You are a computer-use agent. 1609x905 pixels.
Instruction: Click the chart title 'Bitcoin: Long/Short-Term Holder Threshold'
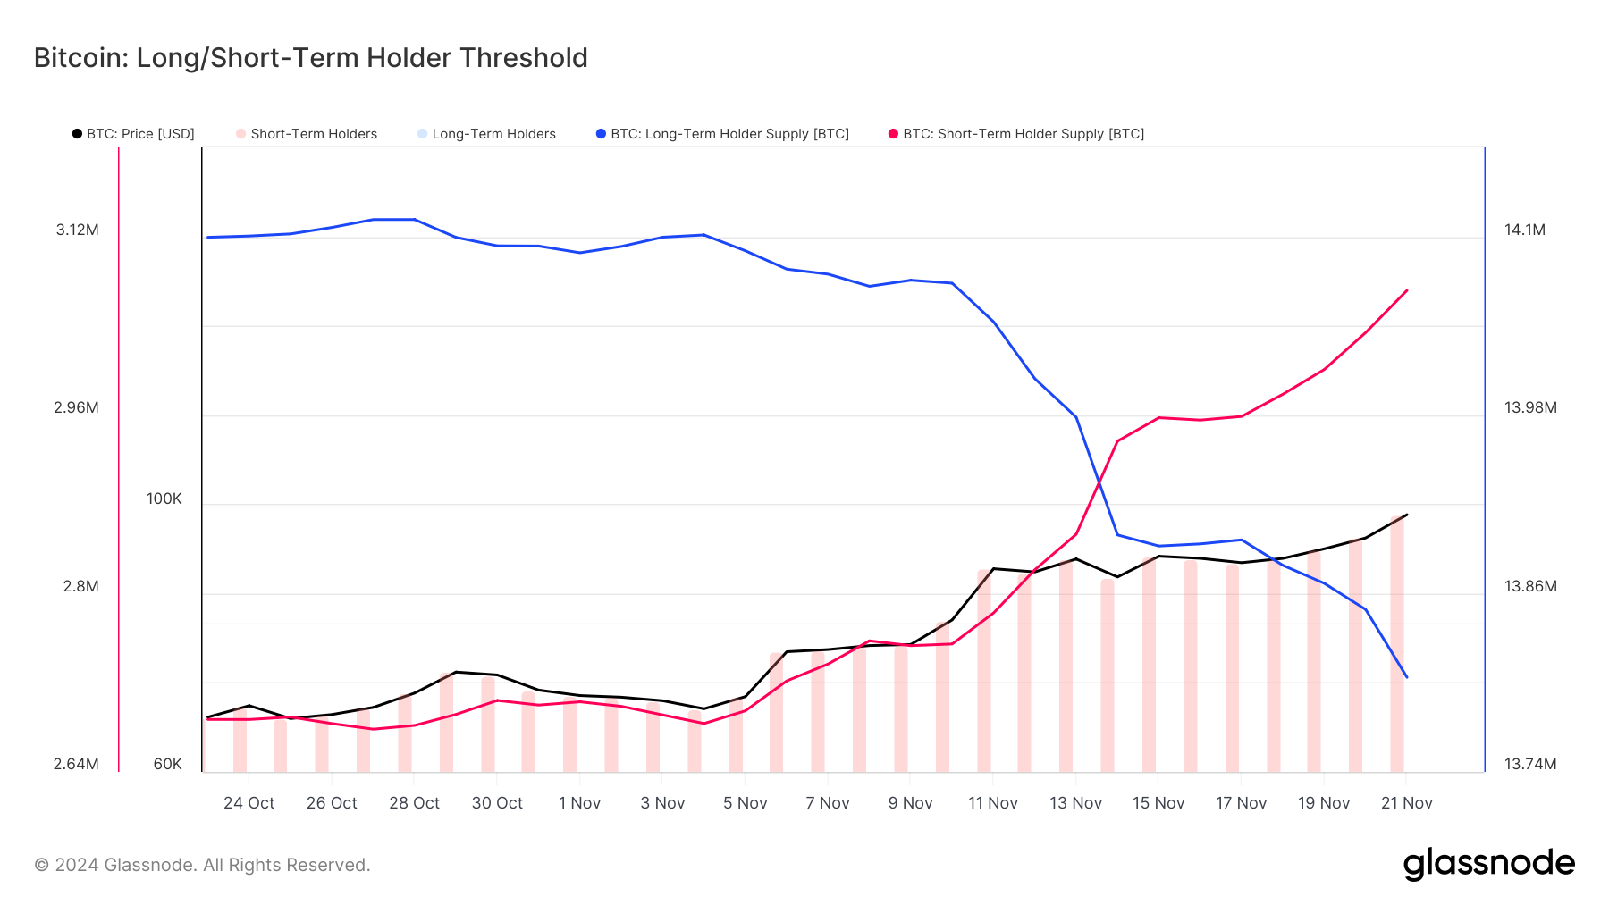pyautogui.click(x=310, y=58)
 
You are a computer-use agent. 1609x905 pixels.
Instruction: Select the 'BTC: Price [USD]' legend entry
pyautogui.click(x=133, y=134)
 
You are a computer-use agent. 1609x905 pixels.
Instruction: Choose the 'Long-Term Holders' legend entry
pyautogui.click(x=486, y=134)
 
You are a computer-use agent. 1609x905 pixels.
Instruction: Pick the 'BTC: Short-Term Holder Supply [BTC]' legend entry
pyautogui.click(x=1016, y=134)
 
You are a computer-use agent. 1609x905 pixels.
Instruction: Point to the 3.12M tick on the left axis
pyautogui.click(x=77, y=230)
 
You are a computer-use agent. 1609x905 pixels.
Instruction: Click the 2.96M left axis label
pyautogui.click(x=76, y=407)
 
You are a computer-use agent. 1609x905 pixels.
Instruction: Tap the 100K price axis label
pyautogui.click(x=164, y=499)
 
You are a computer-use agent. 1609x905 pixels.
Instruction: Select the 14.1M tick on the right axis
pyautogui.click(x=1524, y=230)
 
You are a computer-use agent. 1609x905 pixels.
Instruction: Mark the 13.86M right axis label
pyautogui.click(x=1529, y=586)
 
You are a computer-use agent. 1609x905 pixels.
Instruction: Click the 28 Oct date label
pyautogui.click(x=414, y=803)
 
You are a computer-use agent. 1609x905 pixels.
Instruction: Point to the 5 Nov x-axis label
pyautogui.click(x=745, y=803)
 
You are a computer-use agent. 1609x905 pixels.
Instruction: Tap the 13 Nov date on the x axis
pyautogui.click(x=1075, y=803)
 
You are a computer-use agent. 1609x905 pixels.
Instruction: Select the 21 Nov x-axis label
pyautogui.click(x=1406, y=803)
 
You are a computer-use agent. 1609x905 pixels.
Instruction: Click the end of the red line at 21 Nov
pyautogui.click(x=1407, y=290)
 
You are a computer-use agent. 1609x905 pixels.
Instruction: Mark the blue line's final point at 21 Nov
pyautogui.click(x=1407, y=677)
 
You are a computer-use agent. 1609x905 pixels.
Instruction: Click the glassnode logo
pyautogui.click(x=1488, y=864)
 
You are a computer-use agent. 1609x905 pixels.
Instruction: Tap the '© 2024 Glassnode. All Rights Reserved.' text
pyautogui.click(x=202, y=865)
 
